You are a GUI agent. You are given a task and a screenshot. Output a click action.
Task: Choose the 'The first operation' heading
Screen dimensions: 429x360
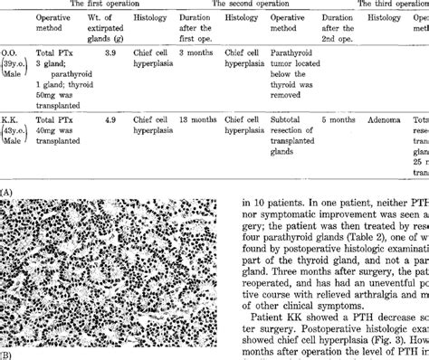(106, 5)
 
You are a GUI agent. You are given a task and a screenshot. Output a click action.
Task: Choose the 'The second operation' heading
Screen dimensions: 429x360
(256, 5)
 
